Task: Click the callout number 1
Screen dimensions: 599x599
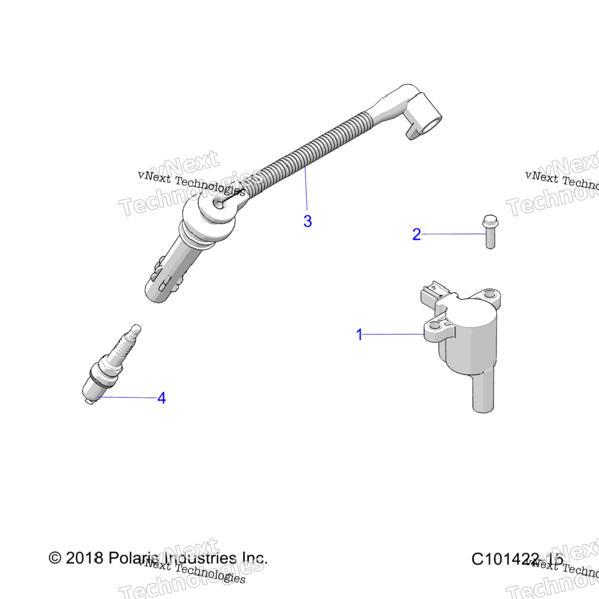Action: coord(359,334)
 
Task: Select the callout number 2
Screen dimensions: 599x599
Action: coord(417,234)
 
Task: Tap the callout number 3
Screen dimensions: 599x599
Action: coord(307,221)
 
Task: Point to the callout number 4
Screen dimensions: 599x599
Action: coord(162,398)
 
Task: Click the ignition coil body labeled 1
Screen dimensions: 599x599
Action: coord(471,339)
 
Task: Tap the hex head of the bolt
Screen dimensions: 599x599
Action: coord(490,220)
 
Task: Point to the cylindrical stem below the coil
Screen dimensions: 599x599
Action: coord(484,393)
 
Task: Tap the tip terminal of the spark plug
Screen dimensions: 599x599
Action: coord(136,329)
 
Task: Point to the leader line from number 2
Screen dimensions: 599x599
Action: coord(453,234)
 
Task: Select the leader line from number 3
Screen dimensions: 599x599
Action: coord(306,188)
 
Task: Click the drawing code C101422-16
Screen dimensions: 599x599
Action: coord(518,559)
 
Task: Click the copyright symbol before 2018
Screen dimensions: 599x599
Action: coord(55,558)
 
